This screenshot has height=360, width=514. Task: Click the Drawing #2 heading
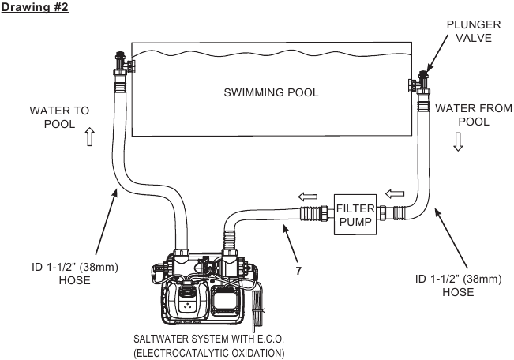pyautogui.click(x=35, y=6)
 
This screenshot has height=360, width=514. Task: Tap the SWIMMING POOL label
pyautogui.click(x=271, y=92)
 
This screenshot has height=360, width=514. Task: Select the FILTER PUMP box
pyautogui.click(x=355, y=215)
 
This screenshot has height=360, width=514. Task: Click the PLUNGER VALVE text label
pyautogui.click(x=474, y=31)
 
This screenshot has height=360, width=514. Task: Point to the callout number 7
pyautogui.click(x=298, y=271)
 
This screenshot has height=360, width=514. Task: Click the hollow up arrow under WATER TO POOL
pyautogui.click(x=90, y=137)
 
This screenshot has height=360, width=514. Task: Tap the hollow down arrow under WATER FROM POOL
pyautogui.click(x=458, y=141)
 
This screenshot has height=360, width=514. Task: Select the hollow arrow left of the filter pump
pyautogui.click(x=308, y=197)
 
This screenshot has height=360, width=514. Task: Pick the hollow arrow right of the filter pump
pyautogui.click(x=395, y=193)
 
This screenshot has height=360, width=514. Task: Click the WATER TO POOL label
pyautogui.click(x=59, y=118)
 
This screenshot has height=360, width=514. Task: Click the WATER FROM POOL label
pyautogui.click(x=474, y=114)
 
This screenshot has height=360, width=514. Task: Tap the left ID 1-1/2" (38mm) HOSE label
pyautogui.click(x=75, y=273)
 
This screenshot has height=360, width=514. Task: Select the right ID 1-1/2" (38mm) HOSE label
pyautogui.click(x=458, y=285)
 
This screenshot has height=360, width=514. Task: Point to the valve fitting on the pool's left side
pyautogui.click(x=124, y=63)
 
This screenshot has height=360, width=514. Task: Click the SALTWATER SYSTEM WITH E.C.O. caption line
pyautogui.click(x=208, y=339)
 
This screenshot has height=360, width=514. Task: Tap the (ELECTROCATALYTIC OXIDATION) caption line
pyautogui.click(x=209, y=353)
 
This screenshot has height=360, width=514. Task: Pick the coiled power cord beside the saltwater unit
pyautogui.click(x=257, y=308)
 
